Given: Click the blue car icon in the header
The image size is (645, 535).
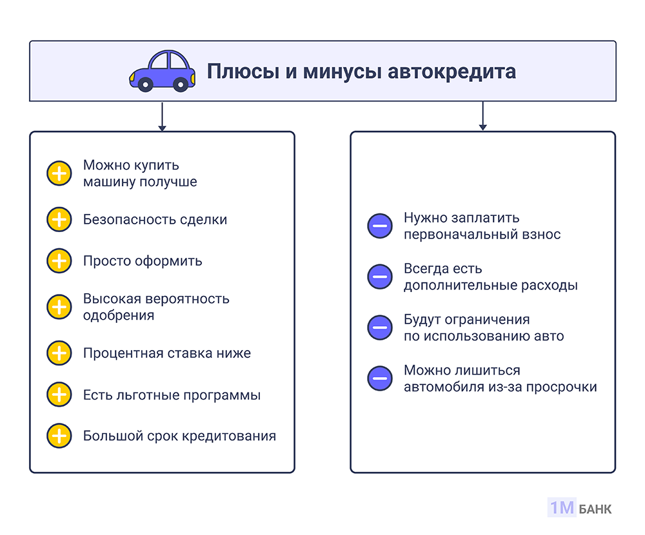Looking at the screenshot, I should pyautogui.click(x=161, y=70).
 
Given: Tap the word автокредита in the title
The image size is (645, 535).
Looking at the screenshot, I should pyautogui.click(x=452, y=71).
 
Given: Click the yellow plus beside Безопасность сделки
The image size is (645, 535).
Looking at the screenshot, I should pyautogui.click(x=59, y=219).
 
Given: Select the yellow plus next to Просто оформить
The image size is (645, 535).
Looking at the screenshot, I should pyautogui.click(x=59, y=261).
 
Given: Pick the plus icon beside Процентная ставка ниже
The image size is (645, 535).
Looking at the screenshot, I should pyautogui.click(x=59, y=353).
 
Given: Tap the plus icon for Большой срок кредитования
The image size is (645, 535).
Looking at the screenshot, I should pyautogui.click(x=59, y=436).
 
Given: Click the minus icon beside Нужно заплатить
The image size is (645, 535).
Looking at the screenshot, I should pyautogui.click(x=380, y=226).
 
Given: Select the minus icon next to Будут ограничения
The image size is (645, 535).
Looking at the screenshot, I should pyautogui.click(x=380, y=327).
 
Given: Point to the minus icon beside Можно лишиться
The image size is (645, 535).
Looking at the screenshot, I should pyautogui.click(x=380, y=378).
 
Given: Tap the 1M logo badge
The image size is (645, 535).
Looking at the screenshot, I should pyautogui.click(x=561, y=508).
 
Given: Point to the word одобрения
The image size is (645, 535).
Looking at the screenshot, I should pyautogui.click(x=119, y=316).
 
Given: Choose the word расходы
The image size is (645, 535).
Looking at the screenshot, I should pyautogui.click(x=551, y=286).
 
